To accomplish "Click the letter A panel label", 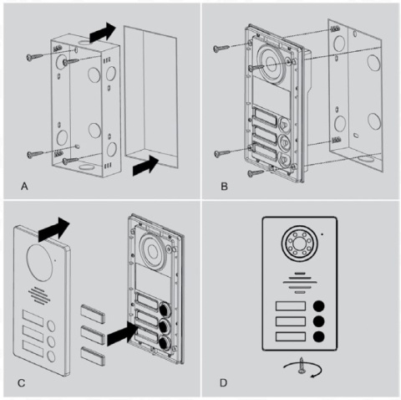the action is click(24, 186).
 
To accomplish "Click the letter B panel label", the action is click(224, 186).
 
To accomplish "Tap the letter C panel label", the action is click(22, 383).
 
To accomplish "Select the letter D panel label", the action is click(224, 383).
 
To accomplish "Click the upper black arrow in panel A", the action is click(102, 32).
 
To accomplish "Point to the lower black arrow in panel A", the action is click(145, 166).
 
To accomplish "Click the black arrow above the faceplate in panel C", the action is click(53, 229).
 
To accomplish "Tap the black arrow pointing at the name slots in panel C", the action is click(122, 333).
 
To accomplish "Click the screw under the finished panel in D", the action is click(301, 365).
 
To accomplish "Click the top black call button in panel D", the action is click(319, 306).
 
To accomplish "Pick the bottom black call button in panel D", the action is click(319, 336).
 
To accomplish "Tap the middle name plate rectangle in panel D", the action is click(291, 321).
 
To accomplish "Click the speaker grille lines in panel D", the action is click(300, 283).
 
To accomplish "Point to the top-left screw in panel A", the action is click(35, 57).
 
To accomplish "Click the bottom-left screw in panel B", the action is click(222, 153).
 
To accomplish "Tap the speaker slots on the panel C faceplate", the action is click(40, 295).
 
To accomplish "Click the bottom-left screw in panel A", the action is click(35, 154).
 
